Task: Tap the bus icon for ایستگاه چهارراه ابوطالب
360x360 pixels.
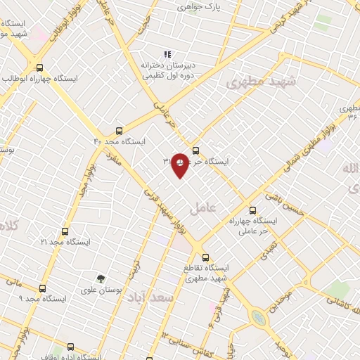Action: click(39, 68)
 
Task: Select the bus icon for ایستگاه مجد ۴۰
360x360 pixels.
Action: click(119, 130)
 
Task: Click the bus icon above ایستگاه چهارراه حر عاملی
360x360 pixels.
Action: click(253, 210)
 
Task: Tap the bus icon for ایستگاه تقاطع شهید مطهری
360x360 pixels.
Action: click(205, 257)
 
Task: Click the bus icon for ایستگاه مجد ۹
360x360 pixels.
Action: click(42, 288)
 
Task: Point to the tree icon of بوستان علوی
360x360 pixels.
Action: click(101, 279)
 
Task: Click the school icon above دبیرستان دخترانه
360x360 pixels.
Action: click(167, 54)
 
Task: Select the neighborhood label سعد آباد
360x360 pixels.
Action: click(152, 298)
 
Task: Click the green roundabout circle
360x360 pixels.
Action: click(259, 319)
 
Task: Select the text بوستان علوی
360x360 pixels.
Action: click(101, 290)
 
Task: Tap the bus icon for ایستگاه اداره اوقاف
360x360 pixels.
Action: click(70, 346)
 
